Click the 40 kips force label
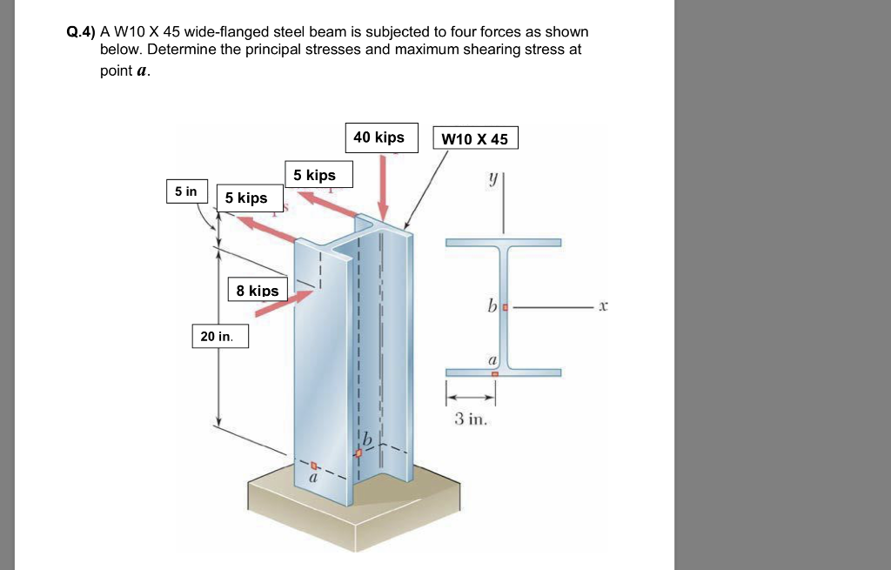[x=379, y=137]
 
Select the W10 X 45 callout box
[x=475, y=139]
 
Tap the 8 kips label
[x=258, y=291]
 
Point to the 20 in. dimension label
[x=219, y=336]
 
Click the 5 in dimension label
[x=186, y=191]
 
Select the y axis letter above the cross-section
[x=492, y=179]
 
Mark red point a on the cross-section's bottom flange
[x=495, y=373]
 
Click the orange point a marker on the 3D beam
[x=314, y=466]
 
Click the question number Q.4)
[x=82, y=32]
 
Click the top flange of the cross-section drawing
[x=504, y=242]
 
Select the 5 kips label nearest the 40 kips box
[x=315, y=176]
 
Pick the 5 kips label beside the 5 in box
[x=246, y=198]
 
